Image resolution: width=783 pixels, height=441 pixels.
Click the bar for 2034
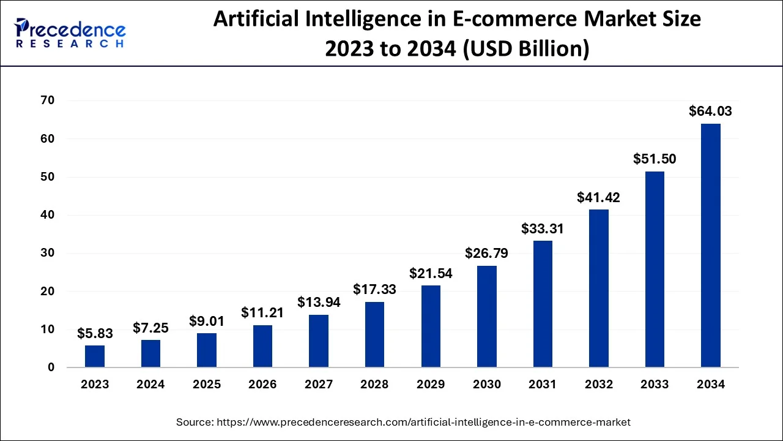(710, 245)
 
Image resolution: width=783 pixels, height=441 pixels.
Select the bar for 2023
(95, 356)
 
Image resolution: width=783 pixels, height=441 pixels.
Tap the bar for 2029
(431, 326)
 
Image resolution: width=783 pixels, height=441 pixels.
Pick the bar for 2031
(543, 304)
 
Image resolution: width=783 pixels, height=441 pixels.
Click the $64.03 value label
(710, 111)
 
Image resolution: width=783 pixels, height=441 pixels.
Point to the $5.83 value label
(95, 333)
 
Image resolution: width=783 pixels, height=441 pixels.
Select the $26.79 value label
(486, 253)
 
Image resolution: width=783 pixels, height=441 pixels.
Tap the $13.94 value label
(319, 302)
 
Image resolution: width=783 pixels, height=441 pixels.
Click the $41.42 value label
(598, 197)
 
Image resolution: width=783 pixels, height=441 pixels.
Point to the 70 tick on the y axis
(47, 100)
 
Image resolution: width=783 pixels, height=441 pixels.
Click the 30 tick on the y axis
(47, 253)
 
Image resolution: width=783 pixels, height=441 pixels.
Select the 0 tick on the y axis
(51, 367)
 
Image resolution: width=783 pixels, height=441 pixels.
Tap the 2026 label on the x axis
(262, 385)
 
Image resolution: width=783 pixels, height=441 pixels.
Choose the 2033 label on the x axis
(655, 385)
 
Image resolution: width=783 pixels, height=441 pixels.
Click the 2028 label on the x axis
(374, 385)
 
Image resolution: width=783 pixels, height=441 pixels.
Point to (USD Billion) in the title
(527, 48)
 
